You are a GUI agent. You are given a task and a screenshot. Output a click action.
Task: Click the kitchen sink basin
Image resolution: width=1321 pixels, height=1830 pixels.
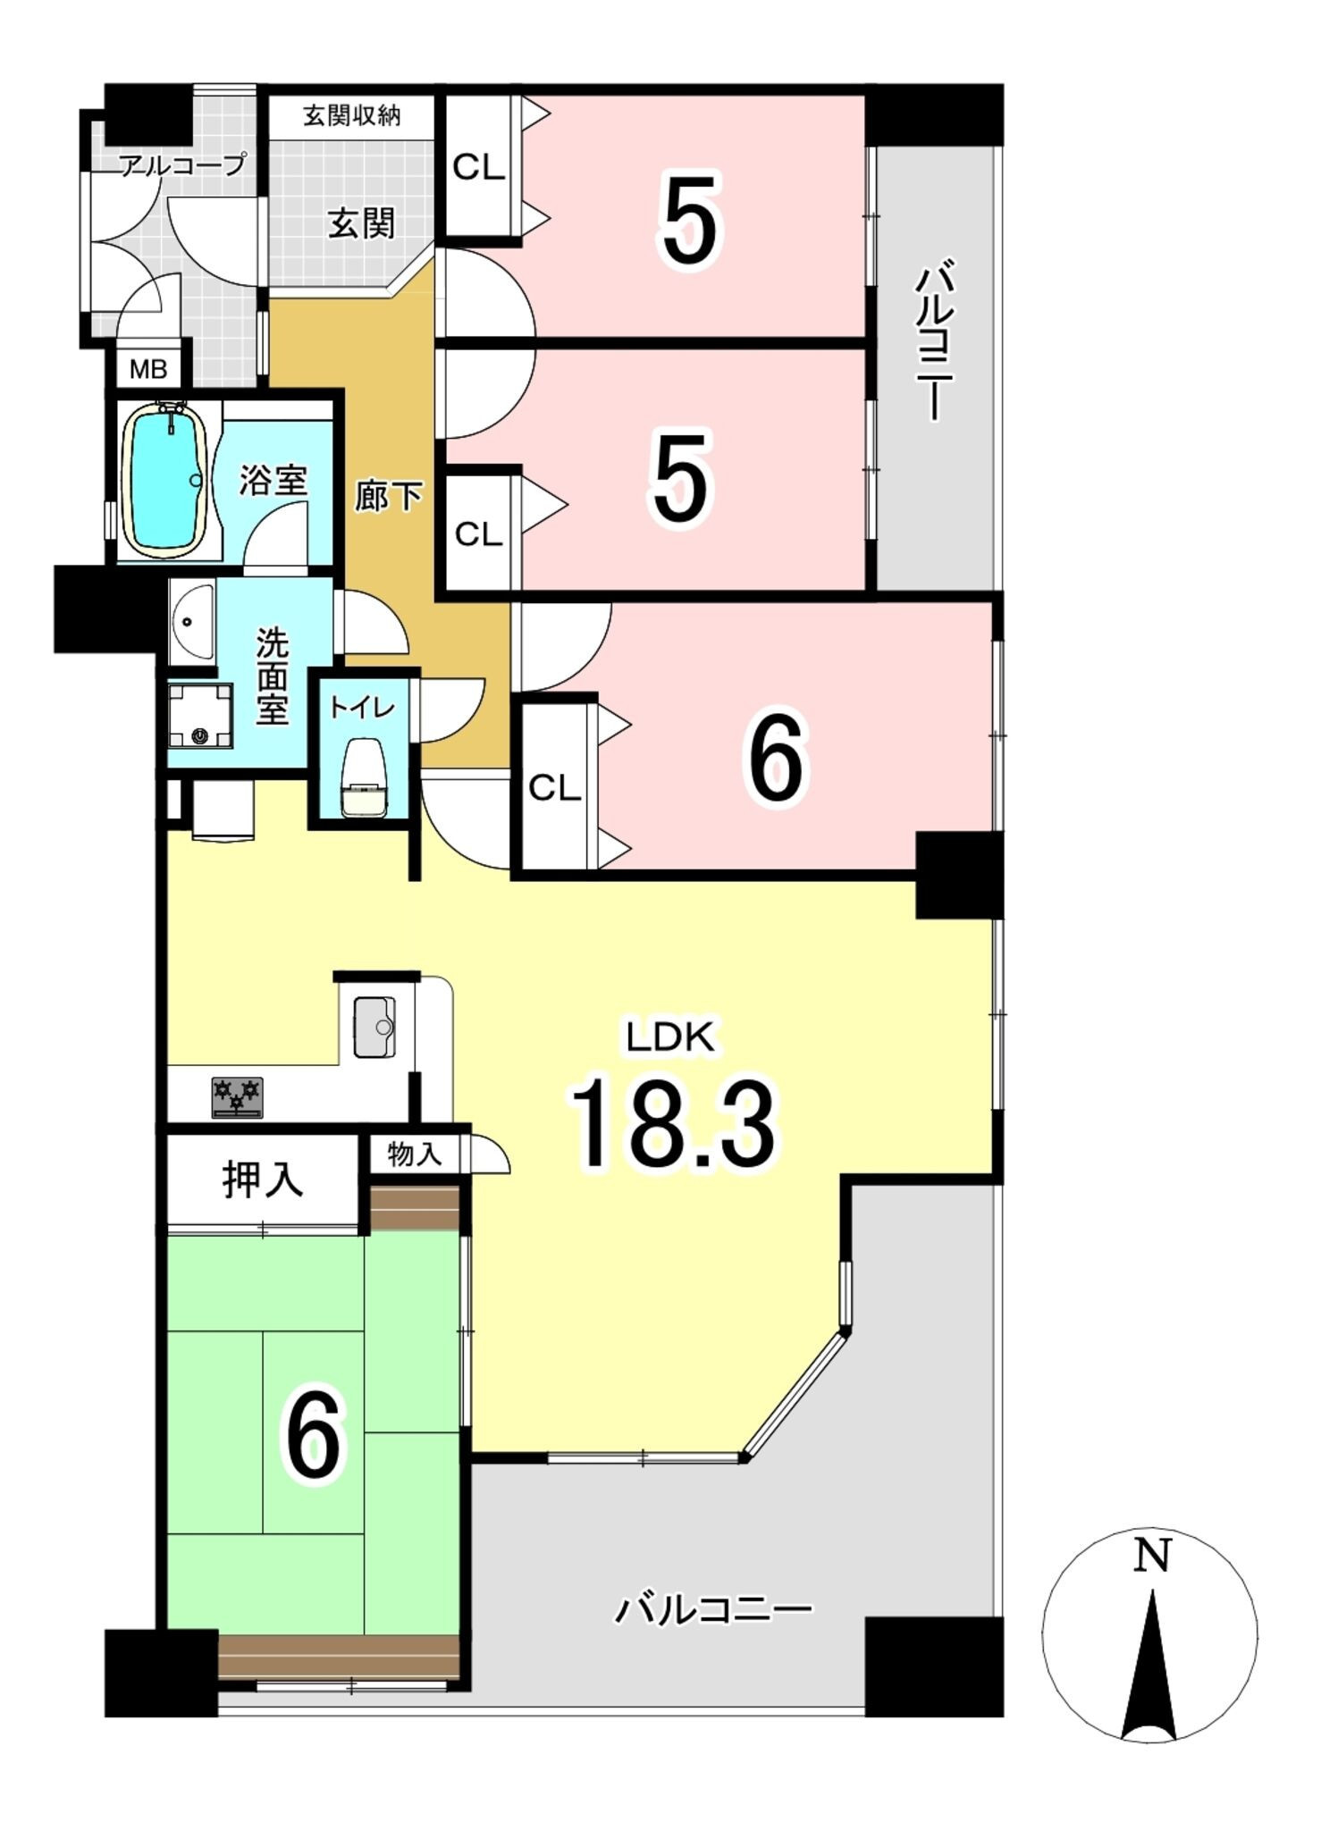pos(374,1026)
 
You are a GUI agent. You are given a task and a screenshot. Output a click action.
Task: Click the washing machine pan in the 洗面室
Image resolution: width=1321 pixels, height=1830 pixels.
pos(200,717)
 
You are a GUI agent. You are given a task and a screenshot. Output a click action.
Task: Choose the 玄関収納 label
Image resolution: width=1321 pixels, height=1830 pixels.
pos(352,115)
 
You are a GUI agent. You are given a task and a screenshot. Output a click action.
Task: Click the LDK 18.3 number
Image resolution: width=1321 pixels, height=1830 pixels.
pos(672,1124)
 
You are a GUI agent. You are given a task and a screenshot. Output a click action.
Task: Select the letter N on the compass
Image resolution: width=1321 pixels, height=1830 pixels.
pos(1152,1557)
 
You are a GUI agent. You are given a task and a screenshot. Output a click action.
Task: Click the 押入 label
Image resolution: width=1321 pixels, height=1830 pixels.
pos(263,1179)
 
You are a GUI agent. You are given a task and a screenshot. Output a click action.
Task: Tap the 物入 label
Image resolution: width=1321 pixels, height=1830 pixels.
pos(415,1154)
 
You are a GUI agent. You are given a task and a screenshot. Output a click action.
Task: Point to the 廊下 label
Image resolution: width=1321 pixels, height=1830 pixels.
pos(388,495)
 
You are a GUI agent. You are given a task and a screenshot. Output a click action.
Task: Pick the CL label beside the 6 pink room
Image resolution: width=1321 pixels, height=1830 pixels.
pos(554,788)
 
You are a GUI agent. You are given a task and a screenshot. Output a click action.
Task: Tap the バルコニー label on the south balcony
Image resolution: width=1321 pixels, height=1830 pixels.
pos(713,1610)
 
